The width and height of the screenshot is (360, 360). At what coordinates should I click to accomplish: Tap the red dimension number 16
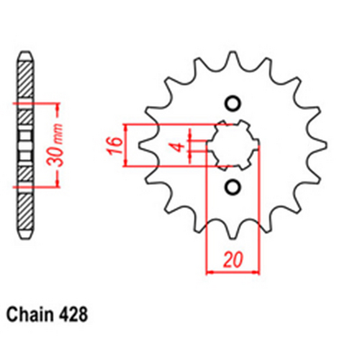pyautogui.click(x=115, y=146)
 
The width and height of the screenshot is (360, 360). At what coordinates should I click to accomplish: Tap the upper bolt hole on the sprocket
pyautogui.click(x=232, y=102)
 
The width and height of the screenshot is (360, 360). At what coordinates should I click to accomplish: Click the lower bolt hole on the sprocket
pyautogui.click(x=232, y=188)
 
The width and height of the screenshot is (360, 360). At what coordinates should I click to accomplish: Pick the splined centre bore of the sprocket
pyautogui.click(x=232, y=145)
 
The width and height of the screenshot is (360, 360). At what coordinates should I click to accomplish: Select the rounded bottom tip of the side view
pyautogui.click(x=25, y=235)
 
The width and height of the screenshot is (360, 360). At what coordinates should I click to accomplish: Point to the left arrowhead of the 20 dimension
pyautogui.click(x=210, y=273)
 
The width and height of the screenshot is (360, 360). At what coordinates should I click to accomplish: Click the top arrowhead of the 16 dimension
pyautogui.click(x=127, y=126)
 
